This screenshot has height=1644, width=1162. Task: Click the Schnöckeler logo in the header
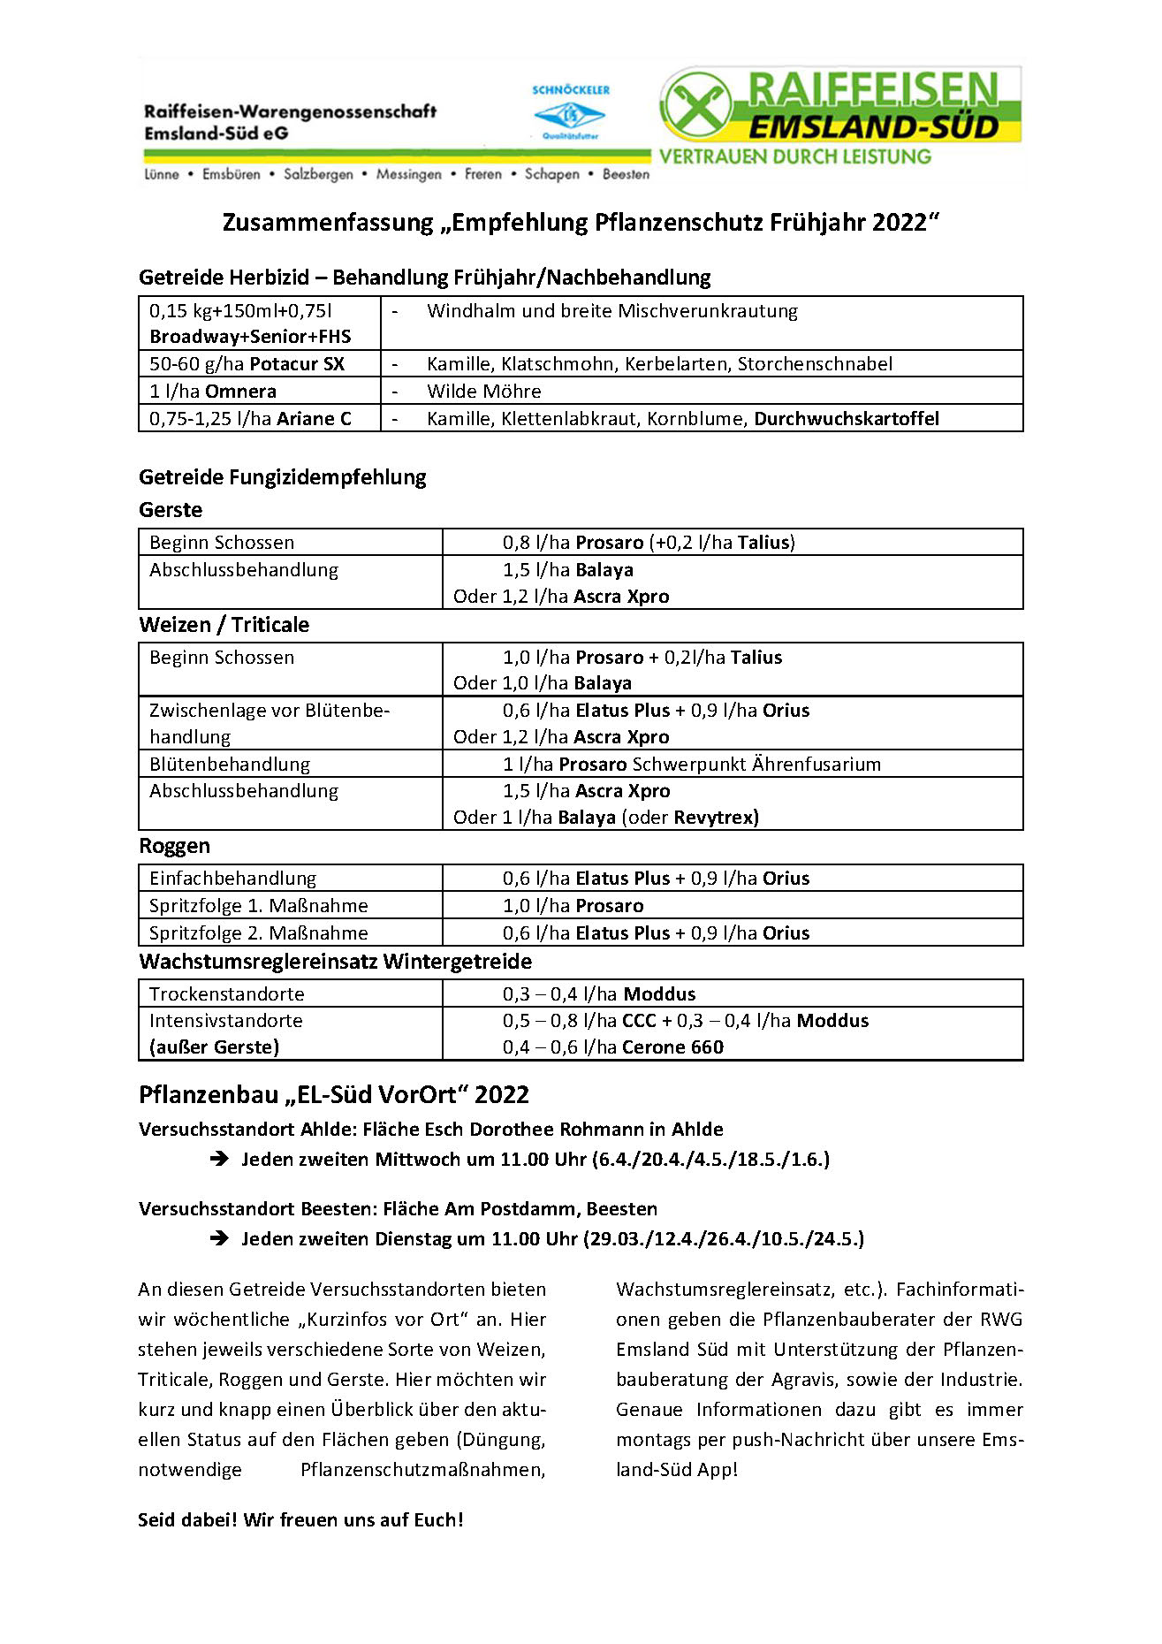(570, 113)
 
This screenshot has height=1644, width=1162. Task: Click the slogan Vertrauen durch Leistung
(794, 157)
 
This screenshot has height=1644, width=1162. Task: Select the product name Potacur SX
(297, 364)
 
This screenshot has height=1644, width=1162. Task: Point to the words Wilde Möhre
(483, 392)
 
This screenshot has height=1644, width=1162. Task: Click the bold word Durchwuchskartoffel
(846, 419)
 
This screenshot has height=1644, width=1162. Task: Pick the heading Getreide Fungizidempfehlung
(282, 477)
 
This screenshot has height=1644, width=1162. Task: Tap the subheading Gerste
(171, 510)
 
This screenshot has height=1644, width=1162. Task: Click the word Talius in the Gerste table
(763, 543)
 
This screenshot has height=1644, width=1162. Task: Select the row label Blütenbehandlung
(230, 765)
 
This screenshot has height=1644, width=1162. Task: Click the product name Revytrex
(714, 818)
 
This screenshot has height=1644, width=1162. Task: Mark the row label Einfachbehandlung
(232, 879)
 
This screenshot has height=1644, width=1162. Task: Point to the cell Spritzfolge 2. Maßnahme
(258, 933)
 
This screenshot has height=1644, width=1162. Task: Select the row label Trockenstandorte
(226, 994)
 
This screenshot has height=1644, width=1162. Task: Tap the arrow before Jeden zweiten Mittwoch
(219, 1159)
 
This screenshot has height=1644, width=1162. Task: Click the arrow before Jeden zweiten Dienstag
(219, 1238)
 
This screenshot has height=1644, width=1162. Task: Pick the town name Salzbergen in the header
(318, 175)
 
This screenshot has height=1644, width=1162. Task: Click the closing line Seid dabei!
(300, 1519)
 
